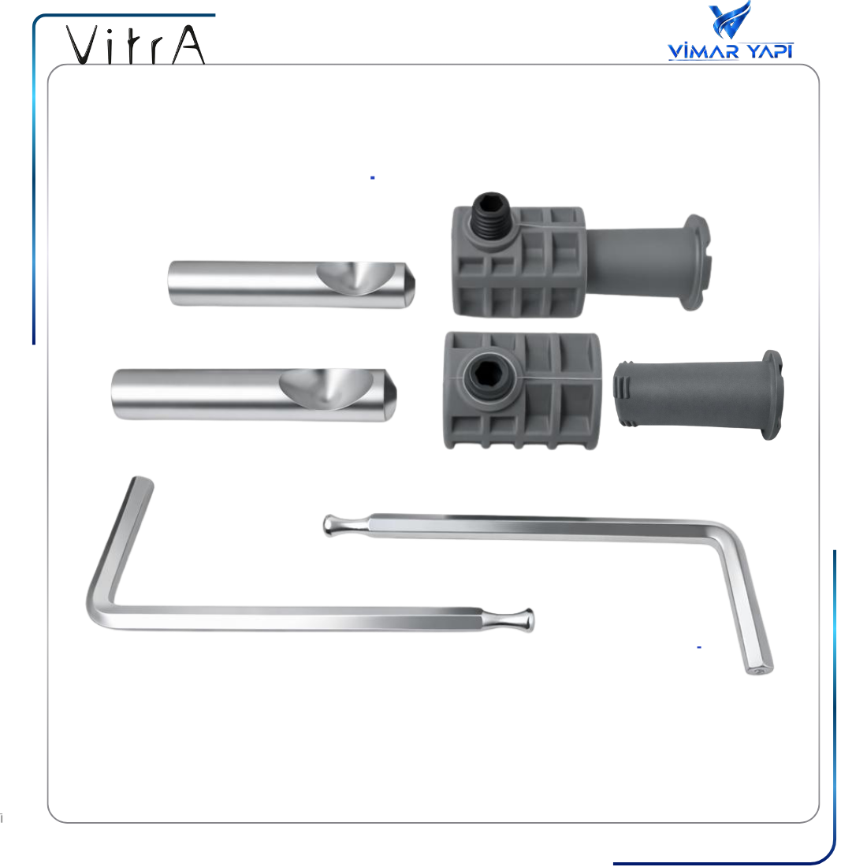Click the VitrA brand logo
coord(136,45)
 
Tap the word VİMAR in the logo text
coord(703,51)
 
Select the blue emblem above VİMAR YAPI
coord(730,20)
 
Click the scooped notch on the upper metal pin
coord(356,277)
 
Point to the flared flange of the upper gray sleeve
coord(698,262)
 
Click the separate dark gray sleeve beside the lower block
coord(698,395)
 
